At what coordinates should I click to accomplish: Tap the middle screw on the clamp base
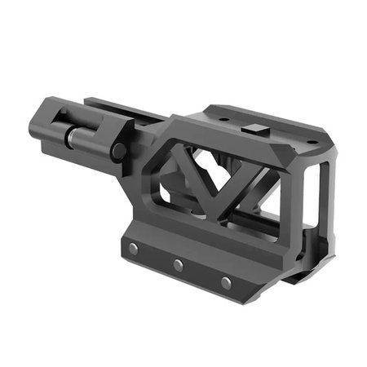[x=177, y=265]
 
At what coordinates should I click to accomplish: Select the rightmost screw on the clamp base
[x=226, y=283]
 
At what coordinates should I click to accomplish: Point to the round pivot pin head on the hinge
[x=119, y=150]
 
